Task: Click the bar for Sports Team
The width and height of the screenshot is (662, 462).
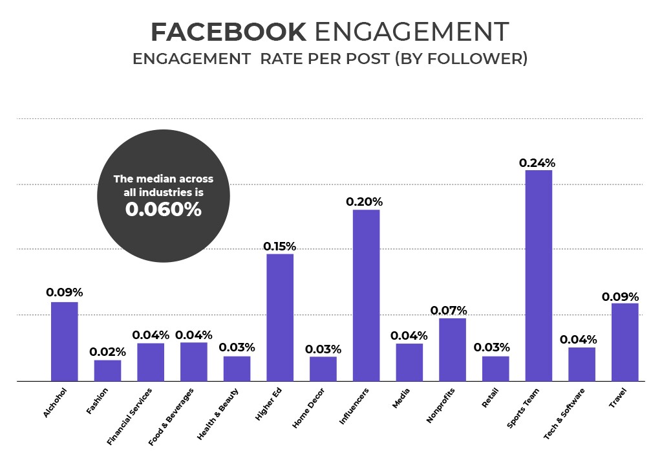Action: (x=539, y=276)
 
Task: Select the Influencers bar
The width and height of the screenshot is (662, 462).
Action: (x=366, y=295)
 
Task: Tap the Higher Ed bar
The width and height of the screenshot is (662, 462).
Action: (x=280, y=317)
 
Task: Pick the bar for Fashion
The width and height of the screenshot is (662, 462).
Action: (x=107, y=370)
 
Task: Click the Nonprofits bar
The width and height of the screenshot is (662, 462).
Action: (x=452, y=349)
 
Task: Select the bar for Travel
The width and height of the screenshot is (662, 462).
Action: (x=625, y=342)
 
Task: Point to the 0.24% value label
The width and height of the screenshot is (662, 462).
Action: (x=537, y=163)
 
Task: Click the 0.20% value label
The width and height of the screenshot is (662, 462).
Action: (x=365, y=202)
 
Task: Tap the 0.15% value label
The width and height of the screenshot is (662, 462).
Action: (x=279, y=247)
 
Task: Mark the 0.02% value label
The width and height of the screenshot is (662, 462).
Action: (x=107, y=352)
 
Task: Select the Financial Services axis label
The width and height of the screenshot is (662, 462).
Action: (x=130, y=417)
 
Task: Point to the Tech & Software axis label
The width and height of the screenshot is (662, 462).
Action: (x=564, y=414)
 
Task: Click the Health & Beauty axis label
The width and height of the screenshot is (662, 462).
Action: (x=218, y=413)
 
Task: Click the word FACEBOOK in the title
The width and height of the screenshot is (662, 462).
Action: (x=228, y=31)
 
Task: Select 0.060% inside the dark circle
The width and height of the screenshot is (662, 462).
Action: (x=164, y=210)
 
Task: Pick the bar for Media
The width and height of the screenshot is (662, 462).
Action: (x=409, y=362)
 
